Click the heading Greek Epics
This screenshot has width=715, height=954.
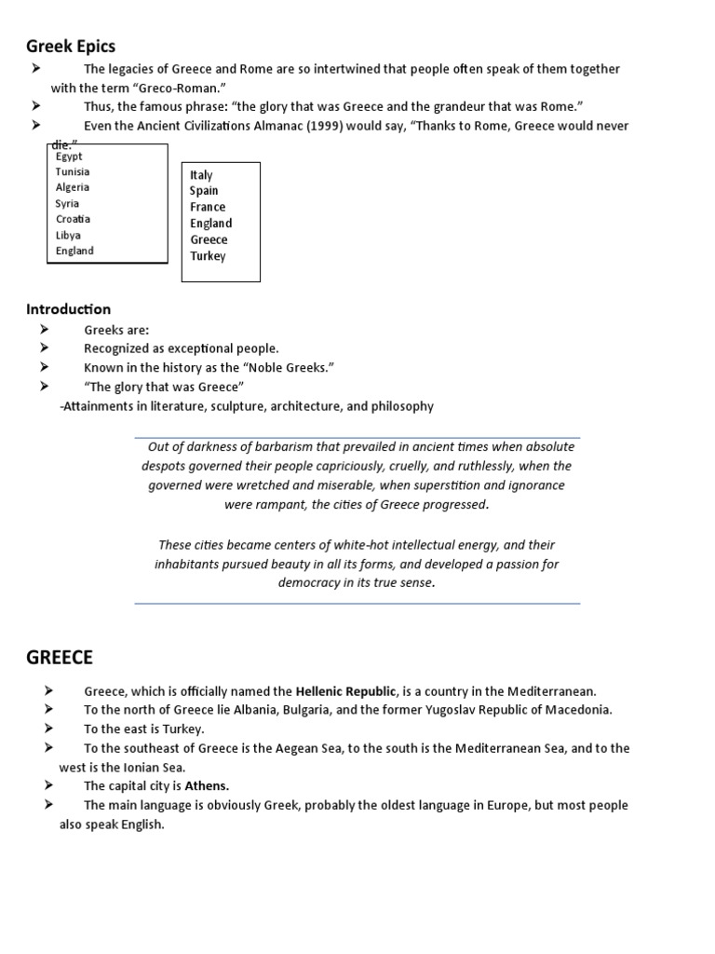[x=71, y=46]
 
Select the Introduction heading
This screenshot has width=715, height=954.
[x=68, y=309]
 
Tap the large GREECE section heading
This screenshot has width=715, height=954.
[x=60, y=658]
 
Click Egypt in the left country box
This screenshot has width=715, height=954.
[x=69, y=157]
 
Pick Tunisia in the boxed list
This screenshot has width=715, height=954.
[x=73, y=171]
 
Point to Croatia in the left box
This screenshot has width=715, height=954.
[x=73, y=219]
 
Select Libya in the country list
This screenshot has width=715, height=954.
[x=68, y=235]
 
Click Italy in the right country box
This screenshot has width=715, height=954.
[x=201, y=175]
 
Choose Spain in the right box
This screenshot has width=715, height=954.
[x=204, y=191]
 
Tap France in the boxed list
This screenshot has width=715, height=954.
[x=208, y=207]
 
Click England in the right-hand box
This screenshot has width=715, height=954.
[x=210, y=224]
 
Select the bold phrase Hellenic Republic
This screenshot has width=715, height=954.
[x=346, y=691]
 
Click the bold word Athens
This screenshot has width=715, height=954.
[x=207, y=785]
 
